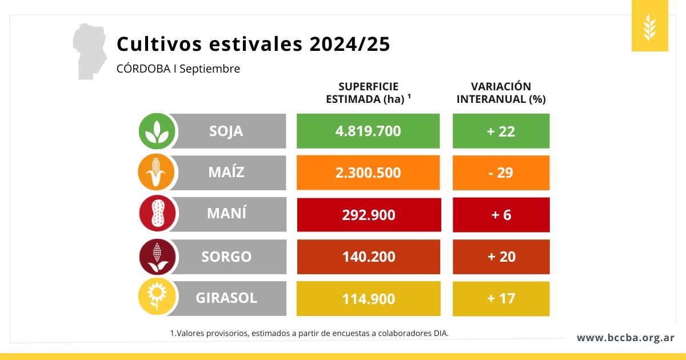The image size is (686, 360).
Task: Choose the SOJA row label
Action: click(x=226, y=131)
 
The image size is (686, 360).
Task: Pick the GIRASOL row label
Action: click(x=226, y=298)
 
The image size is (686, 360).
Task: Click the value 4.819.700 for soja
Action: click(x=368, y=131)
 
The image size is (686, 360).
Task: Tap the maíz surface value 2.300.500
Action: click(x=368, y=173)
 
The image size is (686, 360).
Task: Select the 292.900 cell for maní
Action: click(x=368, y=215)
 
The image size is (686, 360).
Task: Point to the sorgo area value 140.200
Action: click(x=368, y=257)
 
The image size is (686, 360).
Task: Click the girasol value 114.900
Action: click(x=368, y=299)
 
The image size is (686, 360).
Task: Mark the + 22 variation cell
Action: click(x=501, y=131)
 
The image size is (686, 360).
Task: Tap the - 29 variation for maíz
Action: click(x=501, y=173)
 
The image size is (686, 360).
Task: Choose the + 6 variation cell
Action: click(x=501, y=215)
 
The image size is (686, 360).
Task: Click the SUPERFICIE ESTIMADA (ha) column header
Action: click(x=369, y=93)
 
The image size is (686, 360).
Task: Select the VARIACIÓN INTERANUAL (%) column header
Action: click(x=501, y=93)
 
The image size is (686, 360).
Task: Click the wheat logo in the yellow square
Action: click(x=649, y=26)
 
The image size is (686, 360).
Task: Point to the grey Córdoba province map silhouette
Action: click(x=91, y=51)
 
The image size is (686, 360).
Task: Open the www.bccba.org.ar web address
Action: click(x=625, y=338)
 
